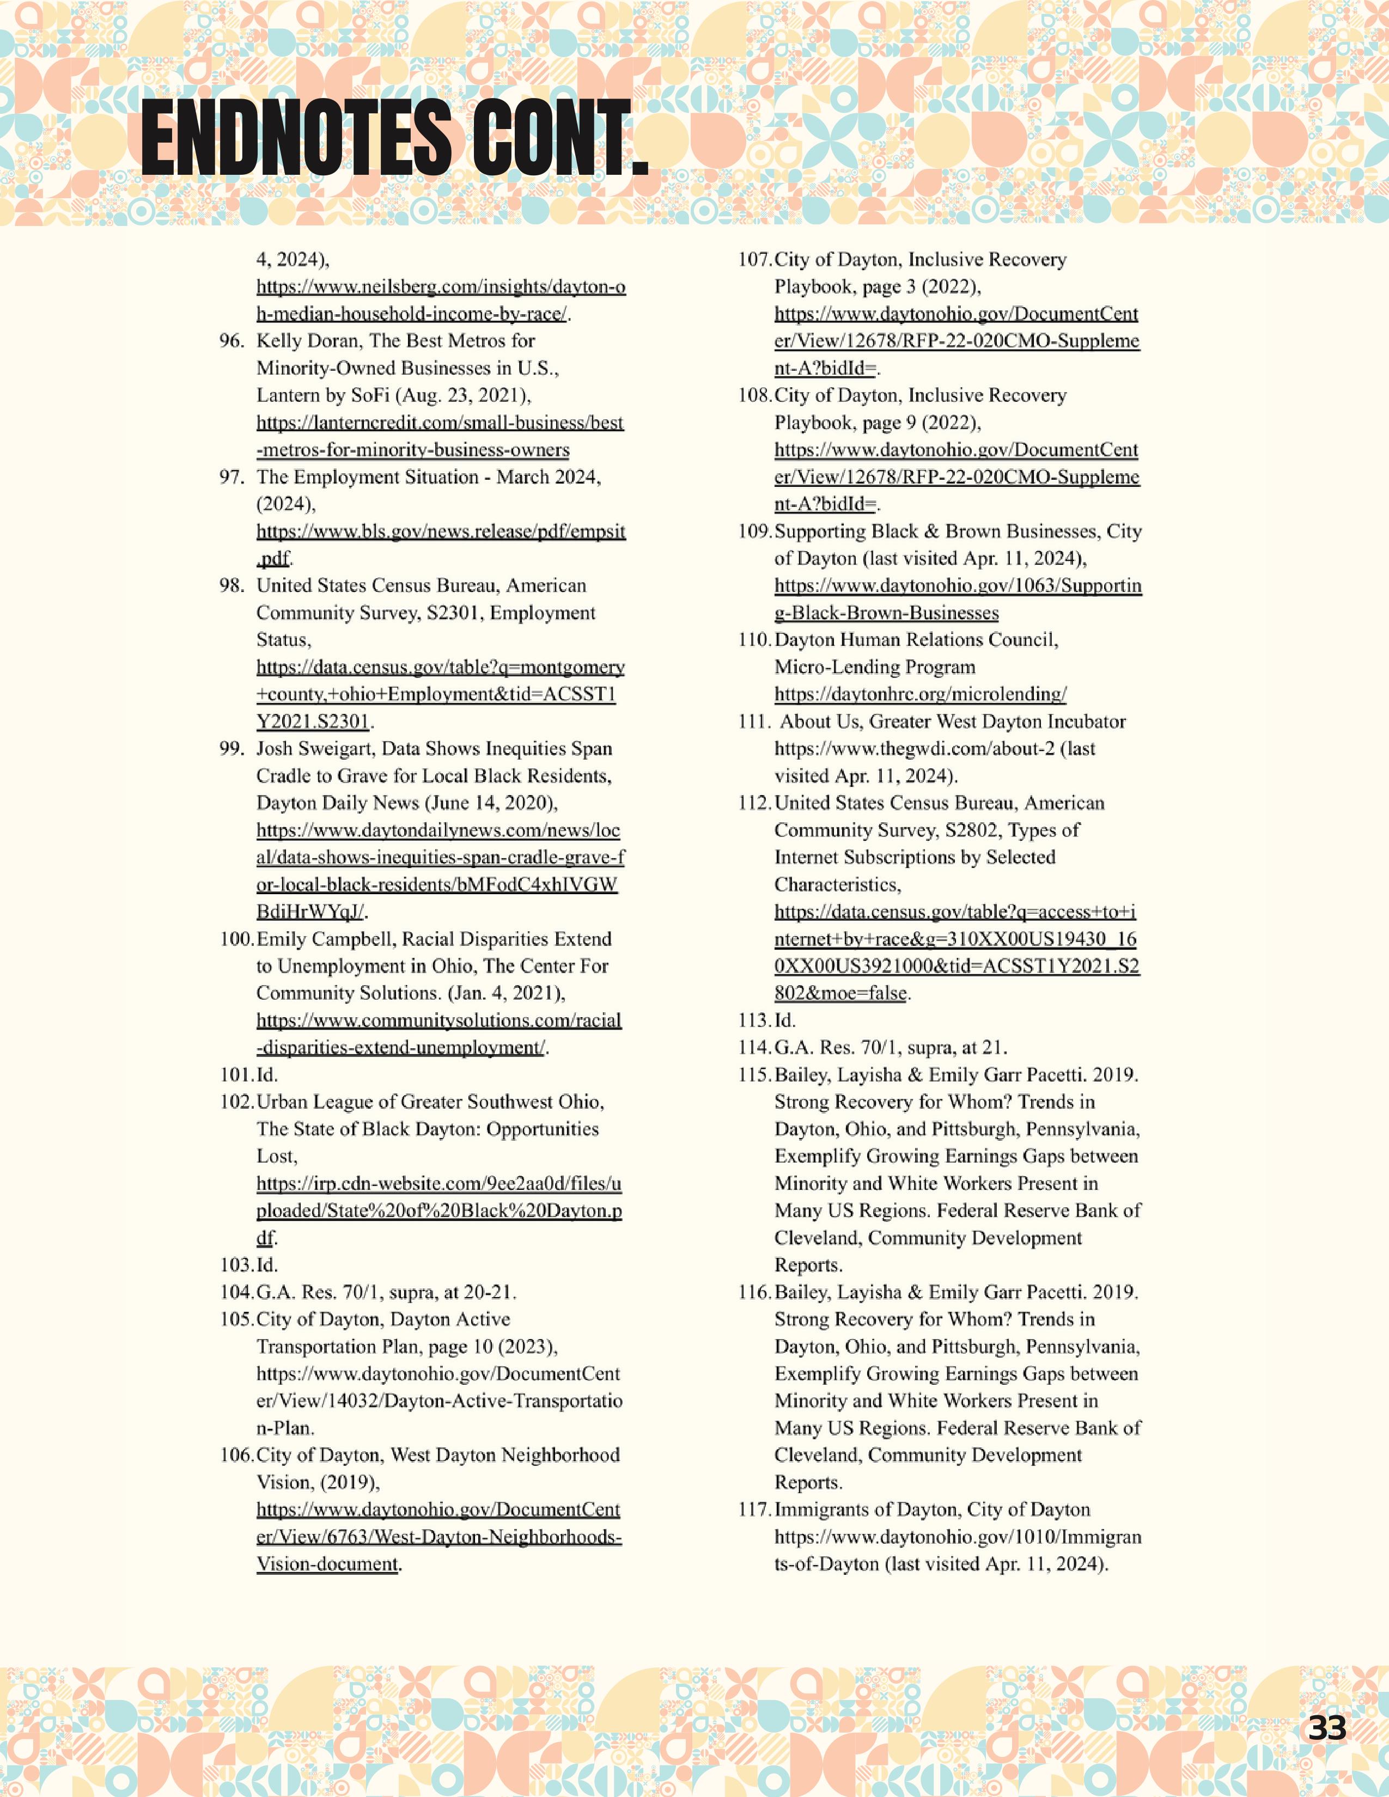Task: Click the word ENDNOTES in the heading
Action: coord(296,137)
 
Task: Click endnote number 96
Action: coord(231,341)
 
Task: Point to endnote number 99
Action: coord(231,749)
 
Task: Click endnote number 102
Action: coord(236,1102)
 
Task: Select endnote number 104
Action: coord(236,1292)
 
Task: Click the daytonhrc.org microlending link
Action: coord(920,694)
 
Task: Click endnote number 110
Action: coord(754,640)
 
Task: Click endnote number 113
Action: coord(754,1020)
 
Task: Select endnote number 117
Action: coord(754,1510)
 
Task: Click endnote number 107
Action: coord(754,260)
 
